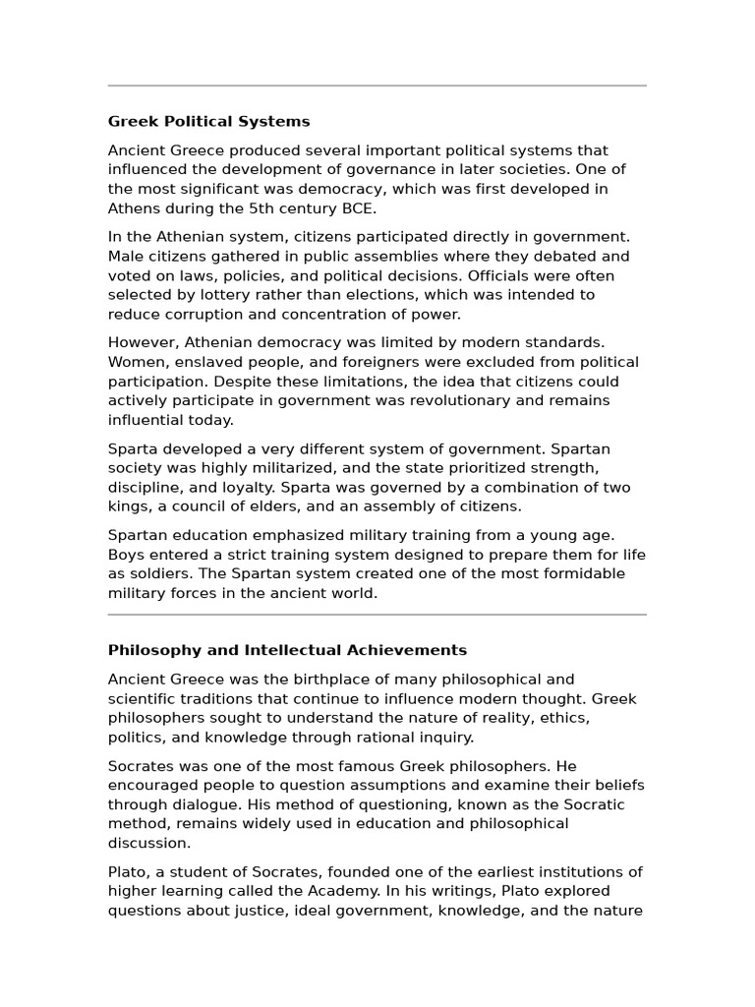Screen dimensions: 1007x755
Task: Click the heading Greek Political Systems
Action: coord(208,122)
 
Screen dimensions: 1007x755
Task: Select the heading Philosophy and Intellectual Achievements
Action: coord(287,650)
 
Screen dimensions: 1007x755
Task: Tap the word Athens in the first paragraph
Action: coord(132,208)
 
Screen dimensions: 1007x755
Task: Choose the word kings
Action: coord(129,506)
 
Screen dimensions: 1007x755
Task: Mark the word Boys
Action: coord(126,555)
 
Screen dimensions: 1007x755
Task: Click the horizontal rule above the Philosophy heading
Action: coord(377,615)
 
